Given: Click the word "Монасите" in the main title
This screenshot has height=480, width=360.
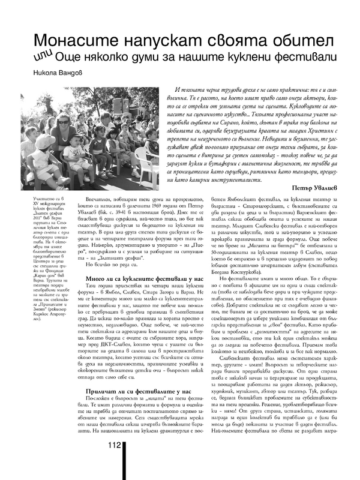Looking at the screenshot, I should tap(71, 40).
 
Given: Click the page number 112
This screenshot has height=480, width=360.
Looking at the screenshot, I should tap(116, 462).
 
